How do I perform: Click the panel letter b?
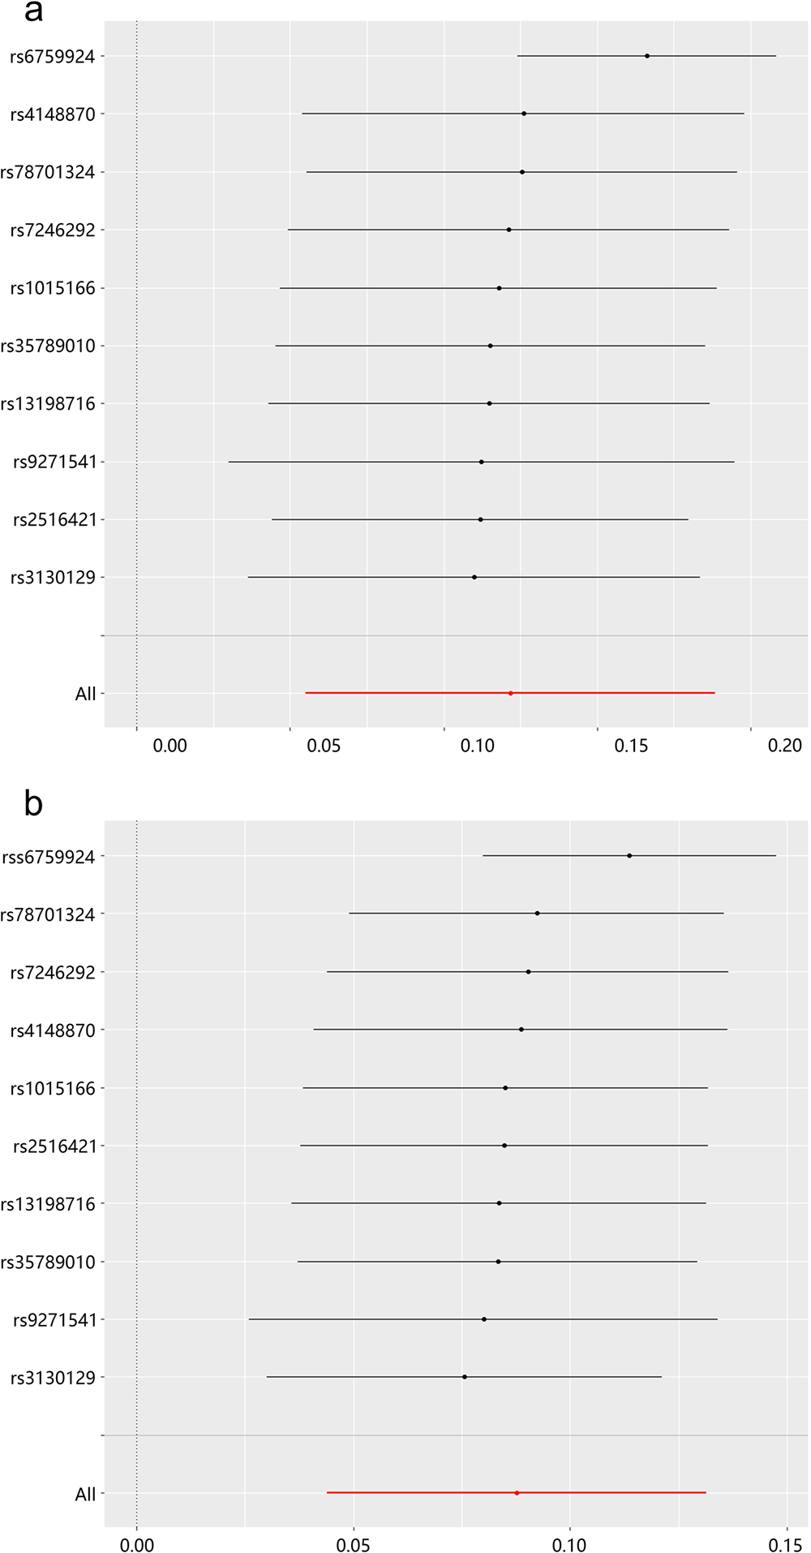33,803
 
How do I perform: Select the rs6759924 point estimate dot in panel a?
646,56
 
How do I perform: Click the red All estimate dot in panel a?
510,693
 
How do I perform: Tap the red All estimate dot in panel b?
517,1493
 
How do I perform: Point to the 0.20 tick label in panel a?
784,745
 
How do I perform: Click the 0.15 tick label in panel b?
786,1545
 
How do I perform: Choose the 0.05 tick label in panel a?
324,745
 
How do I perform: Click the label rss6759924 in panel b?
49,857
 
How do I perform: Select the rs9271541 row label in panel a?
54,462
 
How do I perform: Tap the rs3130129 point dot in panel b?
464,1377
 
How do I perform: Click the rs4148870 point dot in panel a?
523,114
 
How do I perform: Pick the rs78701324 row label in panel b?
48,914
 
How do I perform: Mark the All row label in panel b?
85,1495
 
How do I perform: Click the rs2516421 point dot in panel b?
504,1146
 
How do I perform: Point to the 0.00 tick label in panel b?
136,1545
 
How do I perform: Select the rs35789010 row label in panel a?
48,346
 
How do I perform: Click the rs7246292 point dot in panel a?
508,230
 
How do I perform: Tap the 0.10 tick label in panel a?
477,745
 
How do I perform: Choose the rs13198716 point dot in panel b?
499,1203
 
